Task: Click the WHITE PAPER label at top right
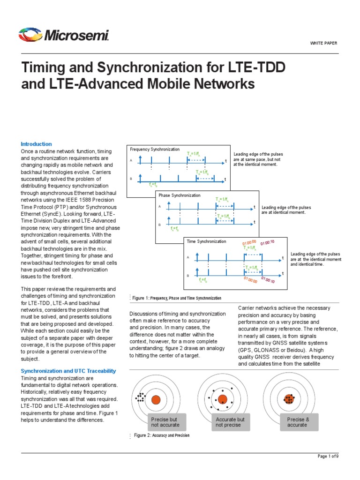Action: tap(323, 43)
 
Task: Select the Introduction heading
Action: tap(36, 144)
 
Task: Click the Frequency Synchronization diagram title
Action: tap(155, 149)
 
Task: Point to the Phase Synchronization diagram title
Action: tap(180, 195)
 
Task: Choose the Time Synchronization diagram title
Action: tap(206, 241)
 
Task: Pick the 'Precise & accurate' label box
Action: tap(297, 421)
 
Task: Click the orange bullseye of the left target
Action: tap(156, 399)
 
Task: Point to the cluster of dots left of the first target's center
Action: tap(140, 397)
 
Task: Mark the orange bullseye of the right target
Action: tap(289, 399)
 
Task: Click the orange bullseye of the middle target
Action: tap(223, 399)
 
